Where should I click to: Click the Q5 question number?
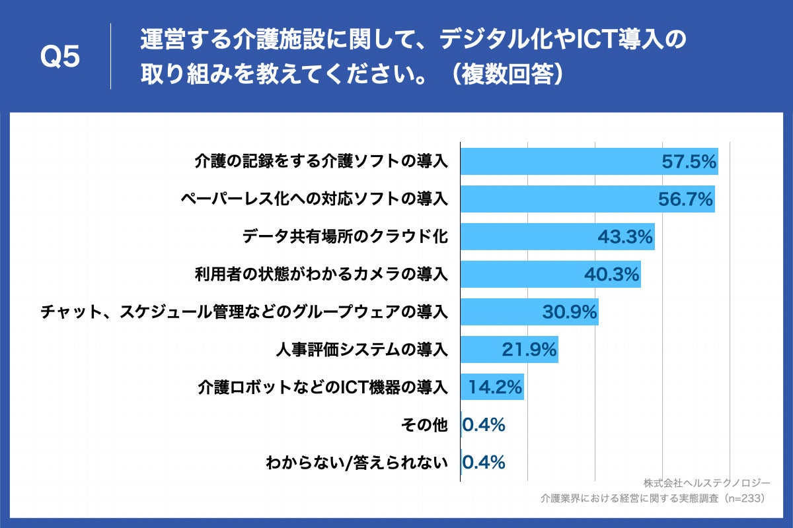coord(60,57)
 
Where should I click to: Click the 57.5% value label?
coord(689,162)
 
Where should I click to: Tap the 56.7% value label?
coord(686,199)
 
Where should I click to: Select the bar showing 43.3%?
coord(557,236)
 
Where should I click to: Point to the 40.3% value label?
coord(611,274)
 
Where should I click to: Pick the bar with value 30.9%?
coord(529,312)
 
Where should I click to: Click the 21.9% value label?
coord(529,349)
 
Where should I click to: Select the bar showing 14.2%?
coord(492,387)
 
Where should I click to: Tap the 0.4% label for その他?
coord(484,424)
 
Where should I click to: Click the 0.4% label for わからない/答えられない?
coord(484,462)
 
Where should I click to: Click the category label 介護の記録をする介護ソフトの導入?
coord(321,161)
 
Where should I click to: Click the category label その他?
coord(424,424)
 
